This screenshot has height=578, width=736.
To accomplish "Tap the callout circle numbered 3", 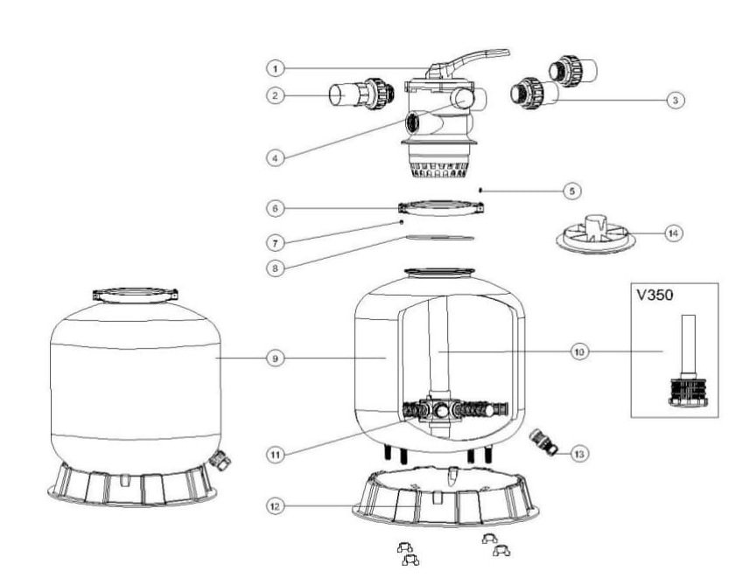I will pos(674,101).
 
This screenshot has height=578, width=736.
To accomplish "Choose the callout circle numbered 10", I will pos(578,352).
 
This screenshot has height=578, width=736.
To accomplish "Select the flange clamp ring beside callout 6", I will pos(441,208).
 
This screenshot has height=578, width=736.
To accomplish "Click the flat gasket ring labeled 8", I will pos(441,237).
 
